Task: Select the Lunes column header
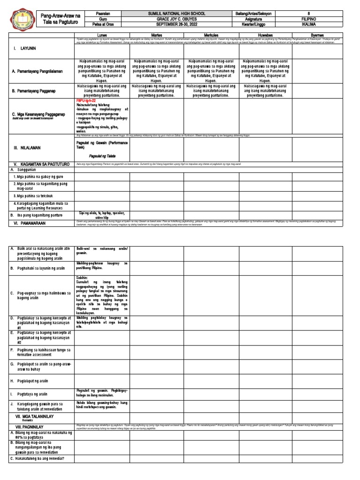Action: pyautogui.click(x=102, y=35)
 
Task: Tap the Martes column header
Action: pyautogui.click(x=156, y=35)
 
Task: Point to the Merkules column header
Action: pyautogui.click(x=210, y=35)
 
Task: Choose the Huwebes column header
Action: pyautogui.click(x=265, y=35)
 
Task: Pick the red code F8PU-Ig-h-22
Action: pyautogui.click(x=86, y=101)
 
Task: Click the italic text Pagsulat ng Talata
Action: pyautogui.click(x=102, y=155)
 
